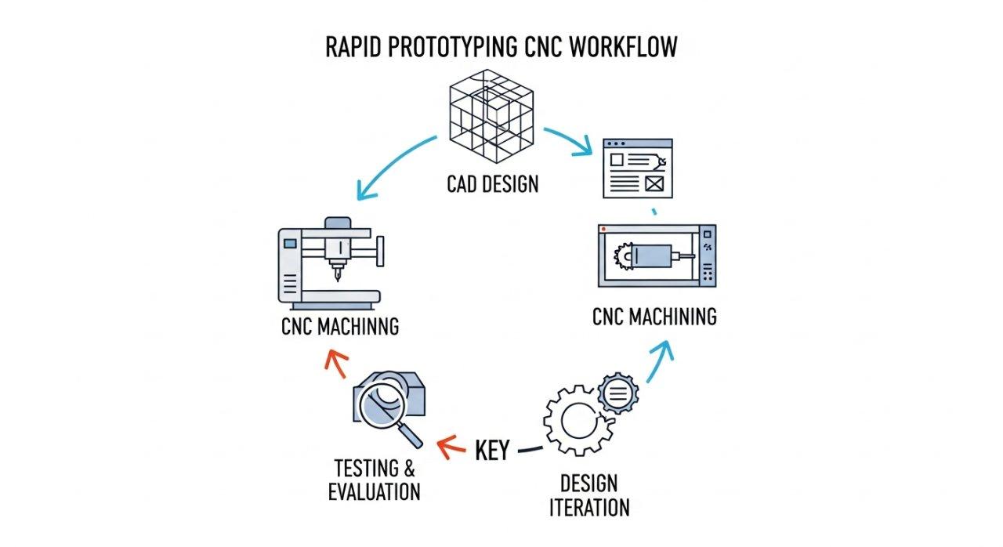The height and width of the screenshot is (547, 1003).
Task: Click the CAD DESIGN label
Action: [x=493, y=185]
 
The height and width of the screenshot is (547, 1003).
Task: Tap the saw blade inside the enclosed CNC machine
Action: [x=625, y=255]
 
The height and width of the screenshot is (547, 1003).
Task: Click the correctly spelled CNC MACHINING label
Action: [x=654, y=317]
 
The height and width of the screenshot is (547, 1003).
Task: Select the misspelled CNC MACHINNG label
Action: [x=340, y=326]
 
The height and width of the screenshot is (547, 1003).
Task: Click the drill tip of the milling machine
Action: [x=338, y=277]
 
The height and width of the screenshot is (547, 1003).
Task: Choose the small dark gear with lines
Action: [x=617, y=393]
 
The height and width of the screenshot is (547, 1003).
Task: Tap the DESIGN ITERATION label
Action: [x=588, y=494]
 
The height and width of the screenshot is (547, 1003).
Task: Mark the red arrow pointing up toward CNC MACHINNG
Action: [x=335, y=362]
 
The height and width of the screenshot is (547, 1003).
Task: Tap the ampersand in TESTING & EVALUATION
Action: [x=407, y=469]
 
